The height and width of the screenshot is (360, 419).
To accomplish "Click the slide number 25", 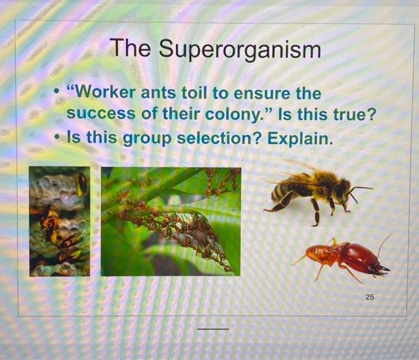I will [369, 297].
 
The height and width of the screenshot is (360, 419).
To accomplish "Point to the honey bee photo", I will [315, 191].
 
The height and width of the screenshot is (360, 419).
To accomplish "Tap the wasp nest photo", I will [59, 221].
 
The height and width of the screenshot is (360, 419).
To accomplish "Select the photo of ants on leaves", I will [171, 221].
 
